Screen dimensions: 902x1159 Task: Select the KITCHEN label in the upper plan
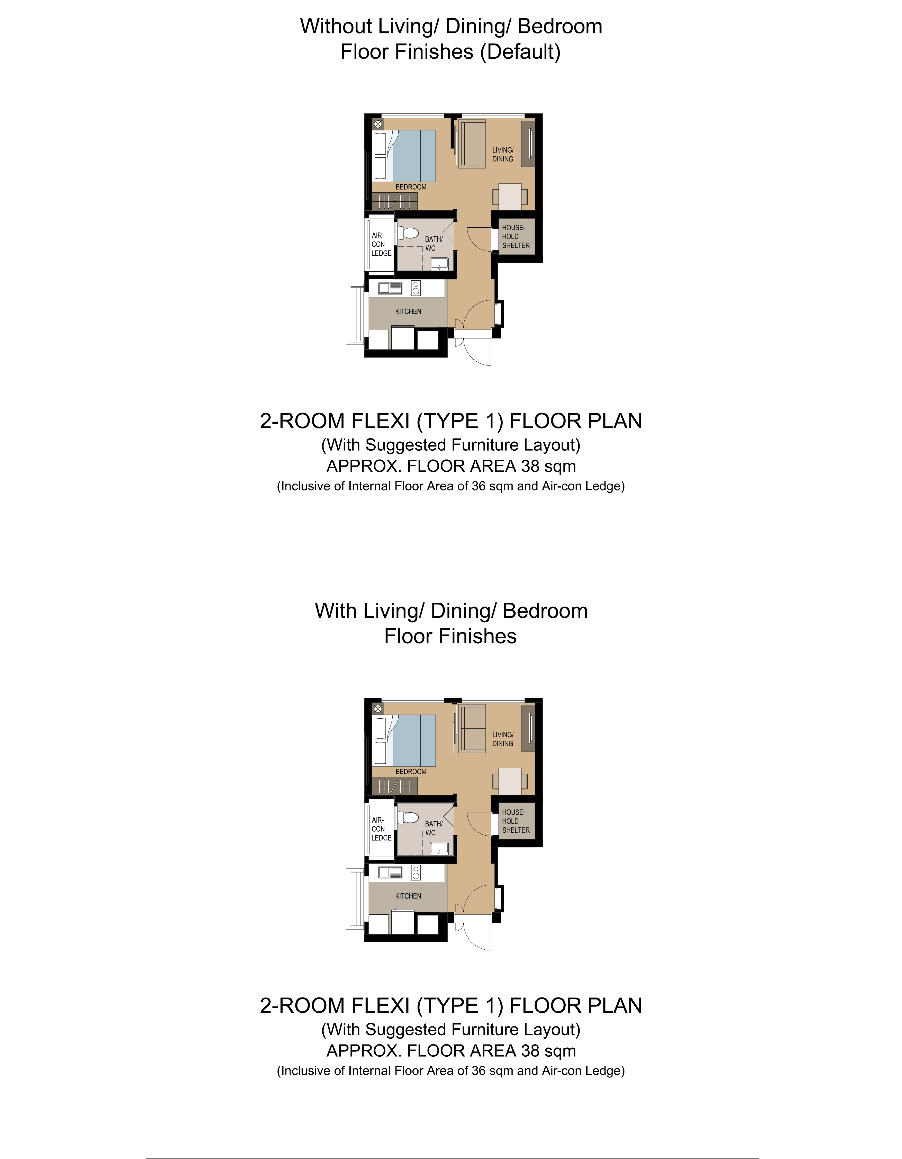(x=408, y=311)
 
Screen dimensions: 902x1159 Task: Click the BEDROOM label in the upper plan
(x=411, y=187)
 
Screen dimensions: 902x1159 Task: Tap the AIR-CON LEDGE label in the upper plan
(x=381, y=244)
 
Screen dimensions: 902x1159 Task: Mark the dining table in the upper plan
(x=510, y=197)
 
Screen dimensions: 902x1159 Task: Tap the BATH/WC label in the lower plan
(x=434, y=828)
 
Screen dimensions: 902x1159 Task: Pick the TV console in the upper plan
(x=528, y=144)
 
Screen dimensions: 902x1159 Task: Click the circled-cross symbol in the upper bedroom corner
(x=378, y=124)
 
